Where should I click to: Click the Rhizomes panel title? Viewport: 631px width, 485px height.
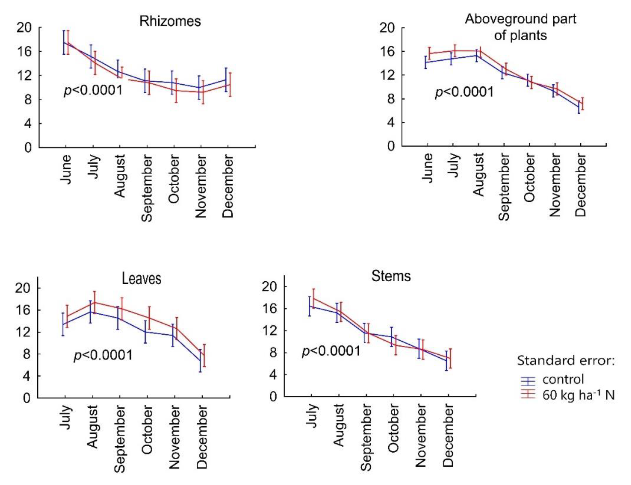click(x=170, y=21)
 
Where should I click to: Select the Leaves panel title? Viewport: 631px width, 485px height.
click(x=142, y=279)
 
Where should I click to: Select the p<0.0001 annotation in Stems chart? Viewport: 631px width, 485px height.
click(x=331, y=351)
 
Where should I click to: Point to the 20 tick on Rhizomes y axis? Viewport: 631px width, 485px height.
click(x=24, y=28)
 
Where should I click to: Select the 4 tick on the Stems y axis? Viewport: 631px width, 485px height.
click(x=273, y=375)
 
